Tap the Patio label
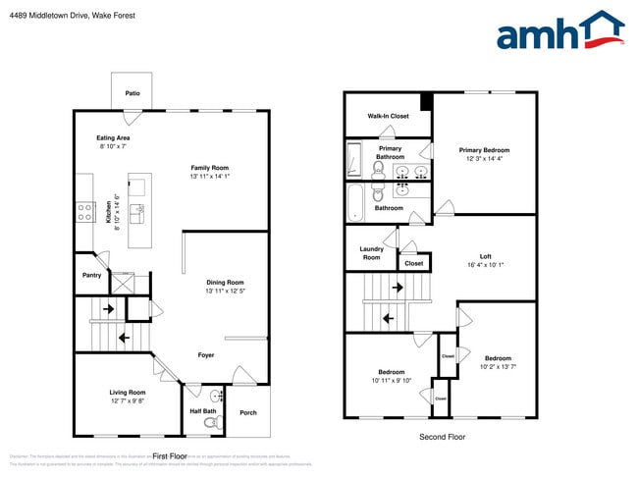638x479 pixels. (133, 94)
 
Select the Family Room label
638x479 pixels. (210, 168)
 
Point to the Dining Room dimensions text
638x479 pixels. (225, 292)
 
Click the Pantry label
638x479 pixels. (90, 276)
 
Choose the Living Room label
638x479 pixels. (128, 392)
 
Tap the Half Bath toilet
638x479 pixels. (210, 423)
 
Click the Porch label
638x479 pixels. (248, 412)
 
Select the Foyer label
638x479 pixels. (206, 355)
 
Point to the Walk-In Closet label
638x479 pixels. (388, 116)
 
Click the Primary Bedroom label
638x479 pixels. (484, 150)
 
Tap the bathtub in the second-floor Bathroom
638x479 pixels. (354, 203)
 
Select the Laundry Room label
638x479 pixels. (371, 253)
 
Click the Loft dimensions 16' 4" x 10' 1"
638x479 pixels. (486, 265)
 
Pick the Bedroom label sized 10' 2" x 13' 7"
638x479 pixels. (498, 358)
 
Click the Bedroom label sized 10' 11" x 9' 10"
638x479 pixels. (392, 372)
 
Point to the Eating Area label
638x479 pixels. (113, 138)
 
